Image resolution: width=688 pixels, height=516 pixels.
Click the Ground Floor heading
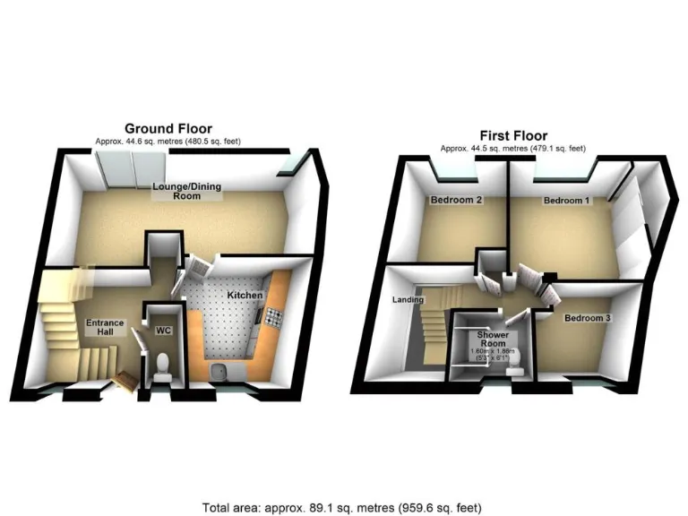(168, 129)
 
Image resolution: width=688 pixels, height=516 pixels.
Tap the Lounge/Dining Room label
(175, 191)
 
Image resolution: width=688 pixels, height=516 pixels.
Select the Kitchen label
(244, 295)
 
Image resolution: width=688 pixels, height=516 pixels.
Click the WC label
(163, 331)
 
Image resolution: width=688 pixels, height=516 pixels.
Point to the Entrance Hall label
(104, 328)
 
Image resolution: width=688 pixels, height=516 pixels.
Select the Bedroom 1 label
(566, 202)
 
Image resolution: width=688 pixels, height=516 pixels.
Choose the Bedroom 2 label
(457, 200)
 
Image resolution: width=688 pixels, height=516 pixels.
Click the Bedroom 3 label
(587, 319)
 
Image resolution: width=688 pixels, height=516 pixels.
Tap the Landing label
(408, 300)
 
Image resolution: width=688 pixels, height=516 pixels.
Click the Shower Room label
(493, 340)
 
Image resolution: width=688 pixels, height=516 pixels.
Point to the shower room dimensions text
(494, 356)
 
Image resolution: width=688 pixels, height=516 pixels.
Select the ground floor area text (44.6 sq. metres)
(168, 142)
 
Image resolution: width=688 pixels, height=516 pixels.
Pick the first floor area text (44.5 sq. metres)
(512, 149)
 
